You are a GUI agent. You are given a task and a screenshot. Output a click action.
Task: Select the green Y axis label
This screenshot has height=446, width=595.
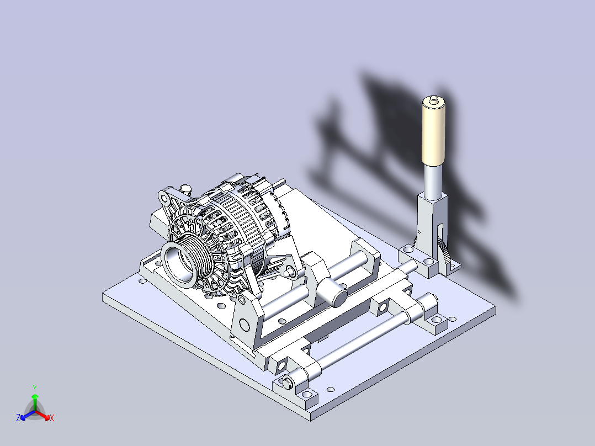tap(35, 388)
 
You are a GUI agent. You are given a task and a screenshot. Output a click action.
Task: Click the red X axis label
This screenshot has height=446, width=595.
tap(52, 418)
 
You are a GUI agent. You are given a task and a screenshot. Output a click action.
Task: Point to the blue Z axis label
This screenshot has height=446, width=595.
tap(18, 417)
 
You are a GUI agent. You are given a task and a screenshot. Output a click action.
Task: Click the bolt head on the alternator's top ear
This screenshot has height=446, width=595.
tap(185, 189)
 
